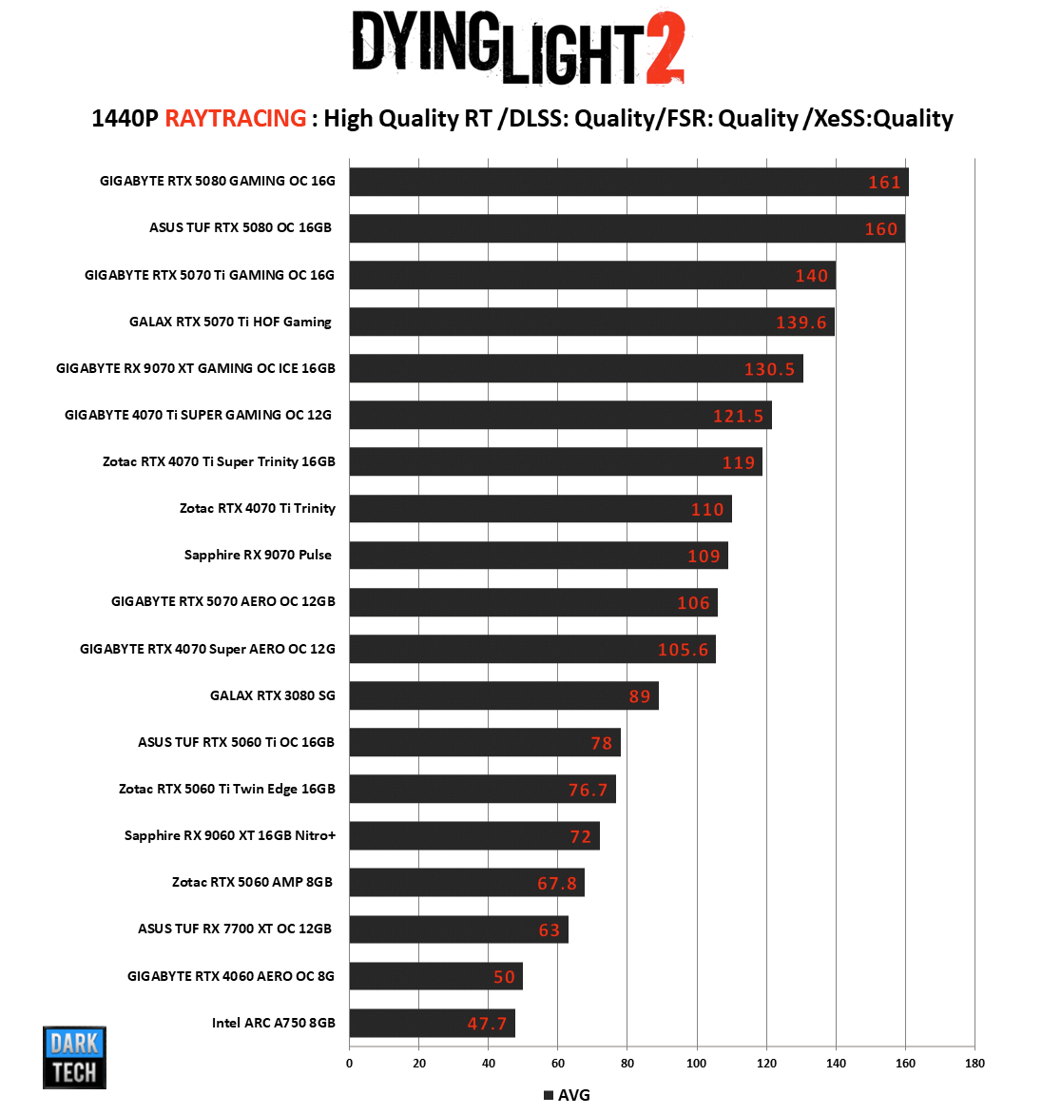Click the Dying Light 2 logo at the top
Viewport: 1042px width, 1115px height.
point(518,48)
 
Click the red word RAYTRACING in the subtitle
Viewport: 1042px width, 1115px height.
point(236,119)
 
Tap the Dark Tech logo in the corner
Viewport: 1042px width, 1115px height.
point(74,1057)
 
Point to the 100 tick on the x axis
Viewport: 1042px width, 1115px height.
point(697,1063)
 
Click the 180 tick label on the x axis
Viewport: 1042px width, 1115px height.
point(974,1063)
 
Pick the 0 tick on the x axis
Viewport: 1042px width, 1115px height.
point(350,1063)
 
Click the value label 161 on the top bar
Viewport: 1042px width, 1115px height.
point(884,182)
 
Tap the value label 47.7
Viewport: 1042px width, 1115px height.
point(487,1024)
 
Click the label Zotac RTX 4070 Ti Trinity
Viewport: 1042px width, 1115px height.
point(258,508)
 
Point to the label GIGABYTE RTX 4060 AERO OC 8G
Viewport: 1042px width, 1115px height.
point(231,976)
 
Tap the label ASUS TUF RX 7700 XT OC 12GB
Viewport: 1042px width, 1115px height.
point(235,929)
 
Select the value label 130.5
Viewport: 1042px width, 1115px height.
point(769,369)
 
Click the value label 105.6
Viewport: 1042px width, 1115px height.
point(683,650)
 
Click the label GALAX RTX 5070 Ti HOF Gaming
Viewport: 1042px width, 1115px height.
point(231,322)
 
